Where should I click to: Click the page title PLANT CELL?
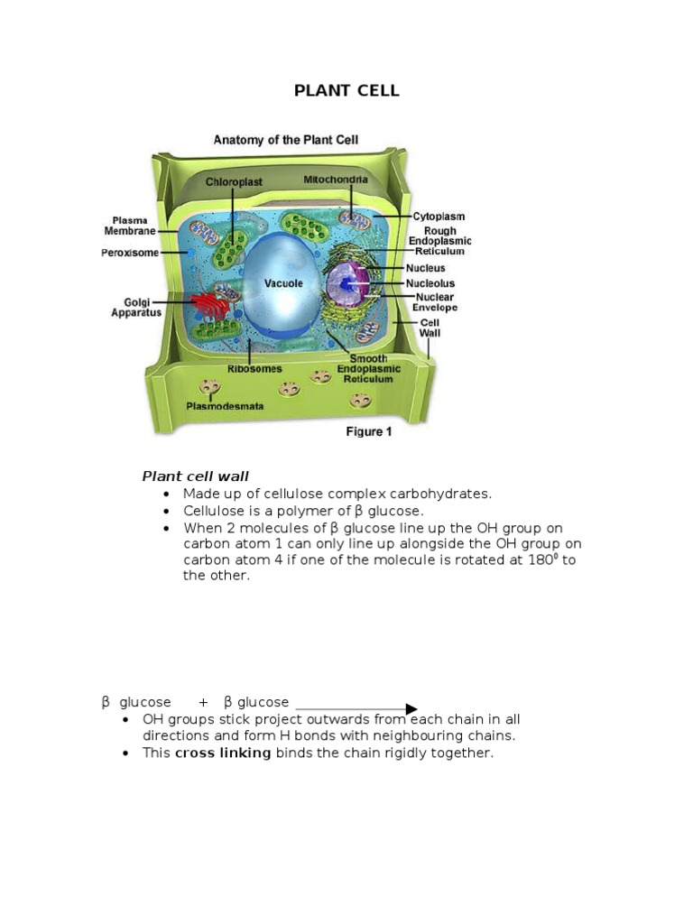tap(346, 91)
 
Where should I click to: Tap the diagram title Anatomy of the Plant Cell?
tap(285, 140)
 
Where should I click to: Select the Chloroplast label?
tap(234, 181)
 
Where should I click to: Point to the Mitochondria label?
tap(336, 180)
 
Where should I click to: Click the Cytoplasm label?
tap(439, 217)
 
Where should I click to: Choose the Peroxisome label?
tap(130, 254)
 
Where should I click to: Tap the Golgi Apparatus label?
tap(136, 308)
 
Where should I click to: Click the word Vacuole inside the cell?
tap(283, 283)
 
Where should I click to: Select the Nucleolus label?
tap(430, 283)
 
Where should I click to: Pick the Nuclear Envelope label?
tap(435, 302)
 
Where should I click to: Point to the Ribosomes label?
tap(254, 369)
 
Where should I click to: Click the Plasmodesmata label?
tap(225, 406)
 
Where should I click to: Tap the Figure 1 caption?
tap(368, 432)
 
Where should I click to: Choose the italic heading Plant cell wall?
tap(195, 476)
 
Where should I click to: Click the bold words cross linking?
tap(223, 753)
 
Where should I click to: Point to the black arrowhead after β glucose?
tap(411, 709)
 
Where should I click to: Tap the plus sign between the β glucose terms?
tap(203, 702)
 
